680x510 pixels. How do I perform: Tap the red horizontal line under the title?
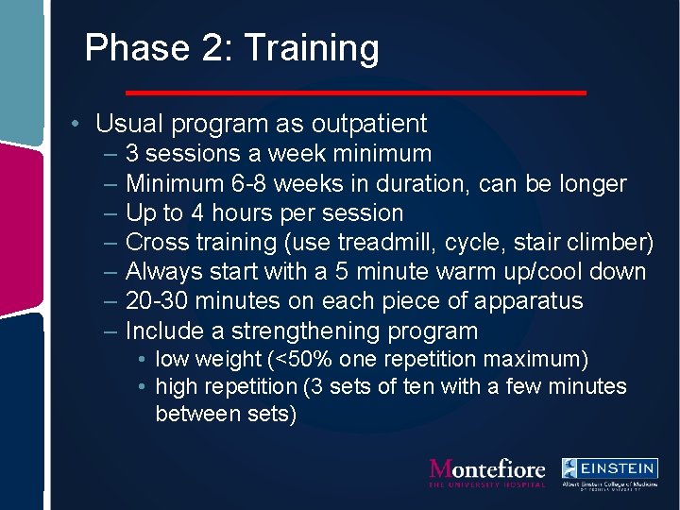point(356,93)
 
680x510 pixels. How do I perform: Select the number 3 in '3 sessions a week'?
point(132,154)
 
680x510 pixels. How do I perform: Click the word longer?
point(588,183)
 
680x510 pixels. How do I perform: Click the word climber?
point(613,243)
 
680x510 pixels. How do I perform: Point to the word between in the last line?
point(193,414)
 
